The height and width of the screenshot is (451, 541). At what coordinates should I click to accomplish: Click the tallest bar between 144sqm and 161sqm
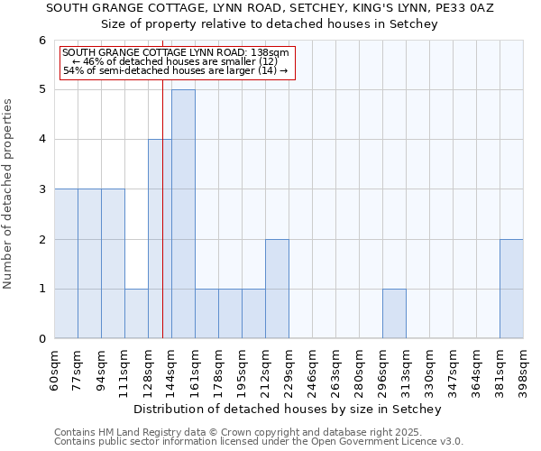pos(183,214)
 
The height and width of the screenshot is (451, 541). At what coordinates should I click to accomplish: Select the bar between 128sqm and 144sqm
pos(160,239)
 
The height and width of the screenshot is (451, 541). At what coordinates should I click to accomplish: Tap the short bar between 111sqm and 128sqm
pos(136,314)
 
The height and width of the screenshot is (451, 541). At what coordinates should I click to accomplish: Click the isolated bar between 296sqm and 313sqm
pos(394,314)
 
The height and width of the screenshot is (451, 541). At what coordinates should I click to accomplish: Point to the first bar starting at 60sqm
pos(66,263)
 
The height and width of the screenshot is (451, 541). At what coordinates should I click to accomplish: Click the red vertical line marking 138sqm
pos(162,225)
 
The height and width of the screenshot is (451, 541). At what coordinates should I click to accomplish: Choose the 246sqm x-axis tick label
pos(313,370)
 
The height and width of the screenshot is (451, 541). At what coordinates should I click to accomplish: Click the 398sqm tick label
pos(523,370)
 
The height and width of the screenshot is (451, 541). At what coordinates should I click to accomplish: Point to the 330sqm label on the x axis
pos(429,370)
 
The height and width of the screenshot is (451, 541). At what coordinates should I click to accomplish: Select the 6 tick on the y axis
pos(41,41)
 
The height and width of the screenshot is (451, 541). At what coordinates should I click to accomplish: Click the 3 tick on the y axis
pos(41,189)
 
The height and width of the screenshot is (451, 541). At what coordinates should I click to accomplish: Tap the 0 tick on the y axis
pos(41,339)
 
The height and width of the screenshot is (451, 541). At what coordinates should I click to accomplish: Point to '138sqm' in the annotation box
pos(270,53)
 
